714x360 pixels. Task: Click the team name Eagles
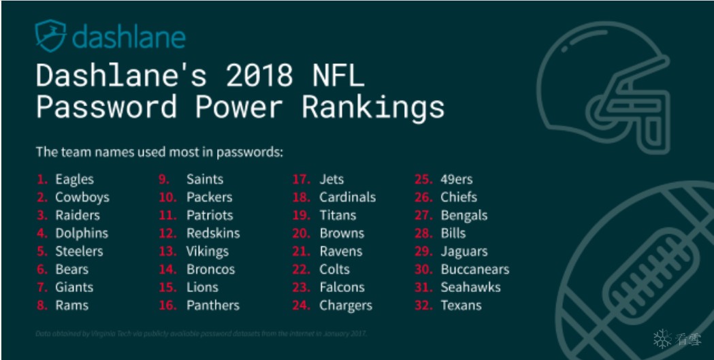(x=74, y=180)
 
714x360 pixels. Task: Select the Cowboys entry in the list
(x=82, y=197)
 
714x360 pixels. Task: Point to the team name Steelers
(x=79, y=251)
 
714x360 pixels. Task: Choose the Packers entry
(x=209, y=197)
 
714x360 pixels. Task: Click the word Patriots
(x=210, y=215)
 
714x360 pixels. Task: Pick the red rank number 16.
(x=167, y=306)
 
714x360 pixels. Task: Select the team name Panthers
(x=213, y=306)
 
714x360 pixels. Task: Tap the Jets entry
(x=331, y=180)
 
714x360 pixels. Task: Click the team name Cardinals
(x=347, y=197)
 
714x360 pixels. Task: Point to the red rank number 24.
(x=301, y=306)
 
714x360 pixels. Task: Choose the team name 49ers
(x=456, y=180)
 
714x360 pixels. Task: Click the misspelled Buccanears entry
(x=474, y=269)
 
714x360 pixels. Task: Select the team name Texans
(x=461, y=306)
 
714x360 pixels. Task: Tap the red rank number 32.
(x=423, y=306)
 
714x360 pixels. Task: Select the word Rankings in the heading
(x=372, y=108)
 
